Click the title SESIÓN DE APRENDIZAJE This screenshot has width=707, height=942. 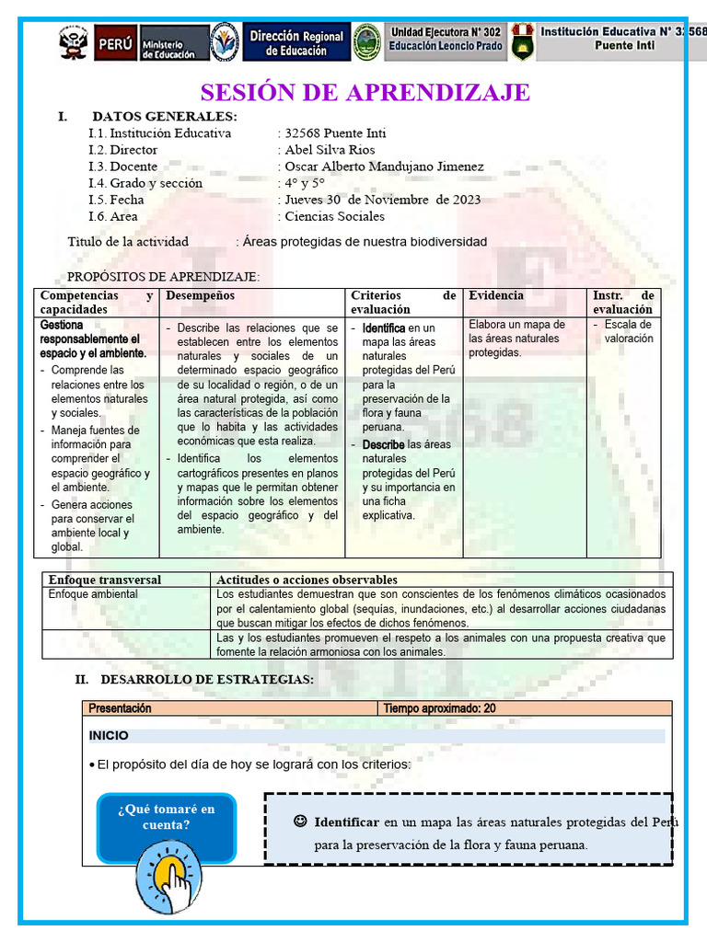point(365,93)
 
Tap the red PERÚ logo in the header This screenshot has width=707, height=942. point(114,42)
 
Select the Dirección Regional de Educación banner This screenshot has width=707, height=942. point(296,43)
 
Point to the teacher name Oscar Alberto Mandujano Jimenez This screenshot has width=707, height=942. point(384,167)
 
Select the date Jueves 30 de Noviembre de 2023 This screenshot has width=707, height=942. point(382,200)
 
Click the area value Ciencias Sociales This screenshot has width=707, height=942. point(334,216)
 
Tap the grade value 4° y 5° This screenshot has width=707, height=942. point(305,183)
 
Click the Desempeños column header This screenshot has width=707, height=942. point(200,295)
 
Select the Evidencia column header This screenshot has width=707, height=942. point(495,295)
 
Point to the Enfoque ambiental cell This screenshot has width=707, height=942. point(93,594)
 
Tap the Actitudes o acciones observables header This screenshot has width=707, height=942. point(307,580)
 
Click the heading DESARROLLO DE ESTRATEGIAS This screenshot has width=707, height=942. point(206,680)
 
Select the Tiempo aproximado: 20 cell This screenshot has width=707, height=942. point(439,708)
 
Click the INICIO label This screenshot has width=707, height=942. point(109,736)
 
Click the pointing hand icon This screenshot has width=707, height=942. point(168,876)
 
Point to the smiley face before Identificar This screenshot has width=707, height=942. point(300,821)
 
